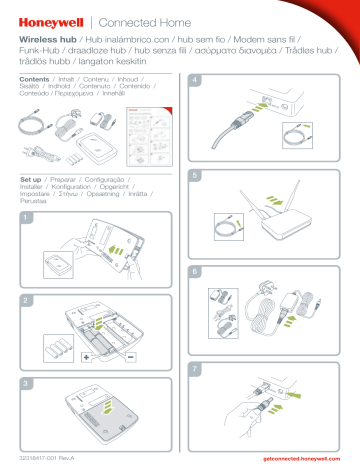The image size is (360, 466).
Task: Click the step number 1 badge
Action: click(x=27, y=217)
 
